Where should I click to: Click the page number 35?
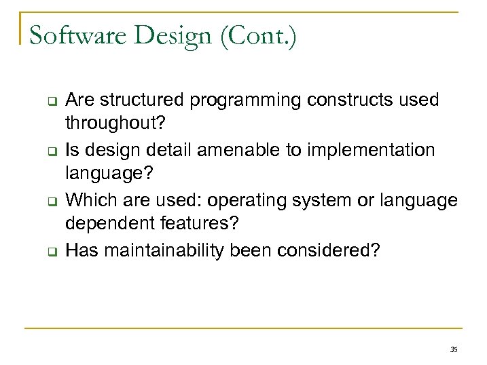point(453,350)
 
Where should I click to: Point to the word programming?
point(246,101)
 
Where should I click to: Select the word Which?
point(86,200)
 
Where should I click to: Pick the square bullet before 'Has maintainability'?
point(50,252)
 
